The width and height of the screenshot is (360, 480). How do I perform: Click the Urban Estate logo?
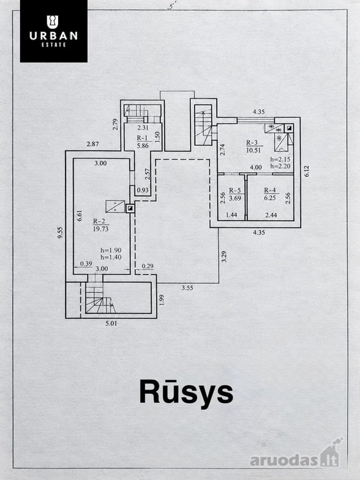tap(53, 31)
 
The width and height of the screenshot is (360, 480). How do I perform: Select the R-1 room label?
tap(142, 138)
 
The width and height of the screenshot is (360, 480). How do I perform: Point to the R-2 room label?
tap(100, 221)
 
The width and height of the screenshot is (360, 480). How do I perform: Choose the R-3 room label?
tap(252, 142)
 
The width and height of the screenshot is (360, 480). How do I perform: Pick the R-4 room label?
tap(270, 190)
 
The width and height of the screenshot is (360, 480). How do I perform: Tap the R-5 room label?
tap(235, 190)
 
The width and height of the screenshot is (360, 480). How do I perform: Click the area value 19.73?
tap(101, 229)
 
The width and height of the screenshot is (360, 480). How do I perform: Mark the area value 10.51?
tap(253, 150)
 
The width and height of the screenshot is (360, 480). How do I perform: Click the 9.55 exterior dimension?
tap(61, 233)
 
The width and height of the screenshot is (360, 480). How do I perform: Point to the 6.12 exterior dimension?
tap(307, 171)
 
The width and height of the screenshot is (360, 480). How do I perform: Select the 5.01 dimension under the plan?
tap(111, 323)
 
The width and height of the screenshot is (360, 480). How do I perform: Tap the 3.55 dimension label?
tap(187, 288)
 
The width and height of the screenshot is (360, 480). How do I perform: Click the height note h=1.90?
tap(111, 251)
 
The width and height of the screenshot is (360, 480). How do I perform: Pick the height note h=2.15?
tap(280, 159)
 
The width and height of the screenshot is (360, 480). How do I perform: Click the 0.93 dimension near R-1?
tap(142, 190)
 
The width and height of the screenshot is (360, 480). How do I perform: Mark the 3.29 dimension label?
tap(224, 257)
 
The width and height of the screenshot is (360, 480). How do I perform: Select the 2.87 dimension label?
tap(92, 144)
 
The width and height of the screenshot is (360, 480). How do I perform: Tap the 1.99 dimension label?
tap(162, 300)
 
